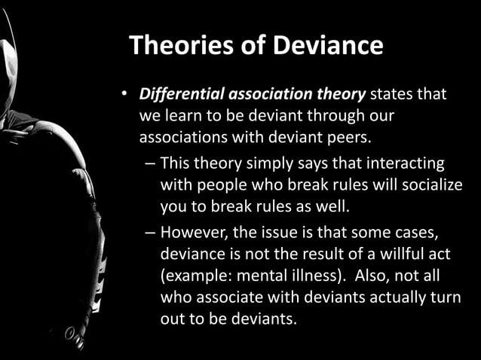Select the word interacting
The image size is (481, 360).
[x=406, y=164]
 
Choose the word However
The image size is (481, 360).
[x=194, y=233]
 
